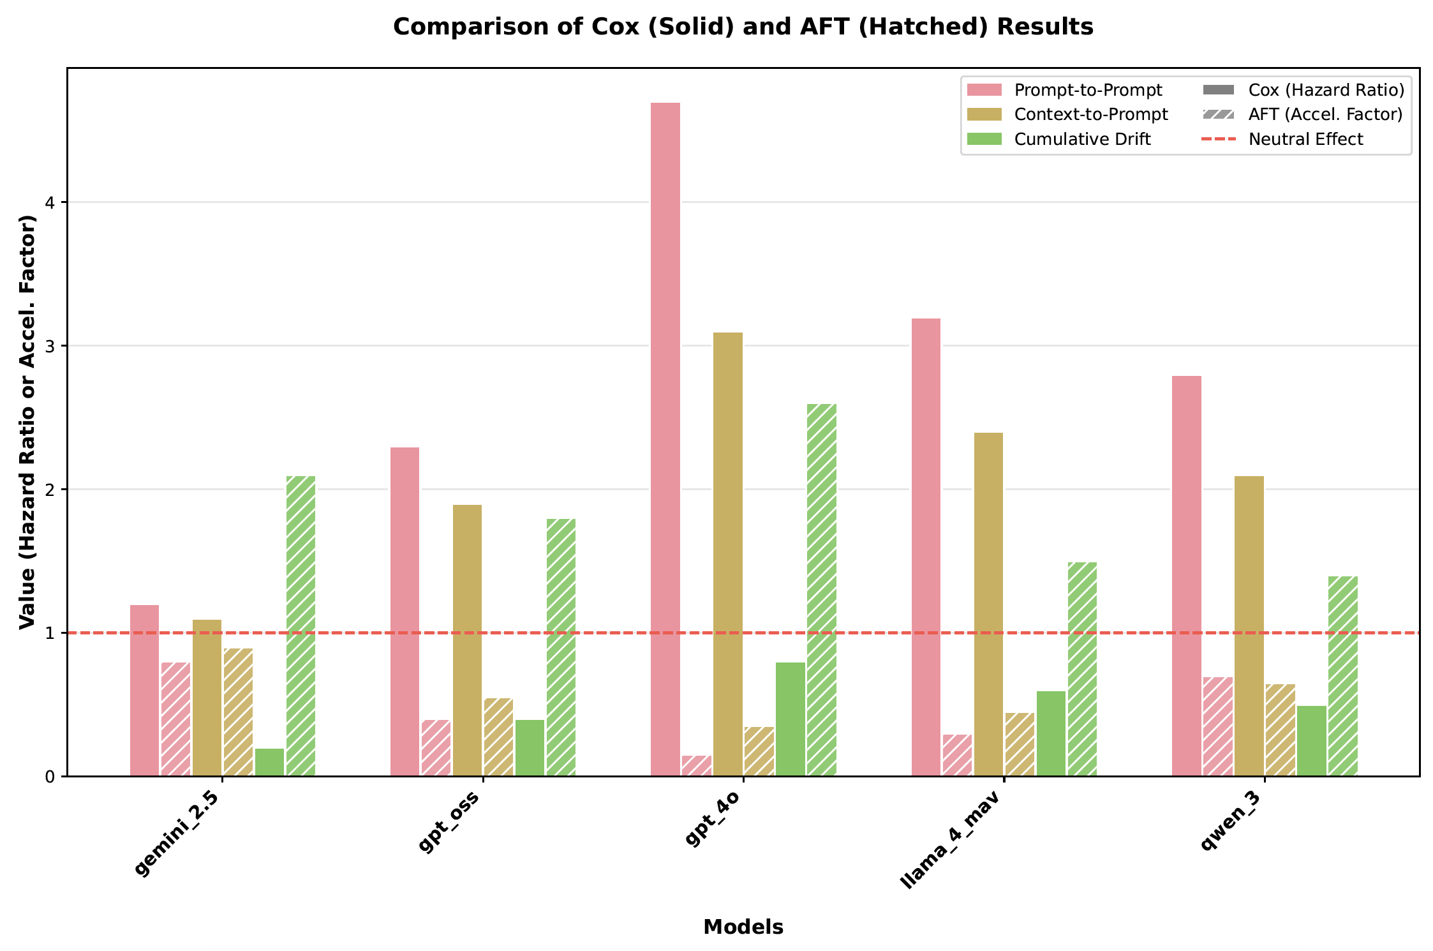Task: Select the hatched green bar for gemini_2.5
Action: (301, 625)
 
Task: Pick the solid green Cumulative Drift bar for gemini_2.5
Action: (269, 762)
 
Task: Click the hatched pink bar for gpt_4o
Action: (696, 765)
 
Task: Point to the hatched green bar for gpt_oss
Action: (561, 647)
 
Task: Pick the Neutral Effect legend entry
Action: (1305, 139)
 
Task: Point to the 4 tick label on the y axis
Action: (50, 203)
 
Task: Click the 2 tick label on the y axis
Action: (50, 490)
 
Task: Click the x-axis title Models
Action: (743, 927)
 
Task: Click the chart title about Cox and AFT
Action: (743, 27)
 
